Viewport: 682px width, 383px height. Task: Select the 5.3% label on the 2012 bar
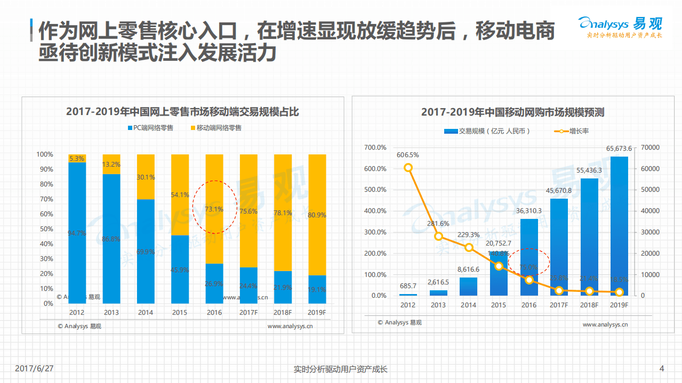(x=77, y=158)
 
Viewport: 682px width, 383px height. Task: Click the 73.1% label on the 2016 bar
(x=214, y=209)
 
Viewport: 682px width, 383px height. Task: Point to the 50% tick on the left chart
(x=45, y=229)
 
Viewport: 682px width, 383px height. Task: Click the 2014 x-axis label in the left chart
(x=145, y=313)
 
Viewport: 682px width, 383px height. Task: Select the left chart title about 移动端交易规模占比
(x=182, y=111)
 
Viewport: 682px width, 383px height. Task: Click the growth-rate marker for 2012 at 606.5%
(x=408, y=167)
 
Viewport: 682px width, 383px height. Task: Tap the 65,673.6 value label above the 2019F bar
(x=619, y=149)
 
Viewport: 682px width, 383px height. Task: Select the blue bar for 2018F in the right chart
(x=589, y=237)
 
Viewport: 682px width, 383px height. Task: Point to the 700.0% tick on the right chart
(x=375, y=148)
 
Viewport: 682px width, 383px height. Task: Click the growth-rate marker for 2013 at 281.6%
(x=438, y=236)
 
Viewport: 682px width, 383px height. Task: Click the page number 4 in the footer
(x=662, y=369)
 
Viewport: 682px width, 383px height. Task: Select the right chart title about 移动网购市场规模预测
(x=512, y=112)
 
